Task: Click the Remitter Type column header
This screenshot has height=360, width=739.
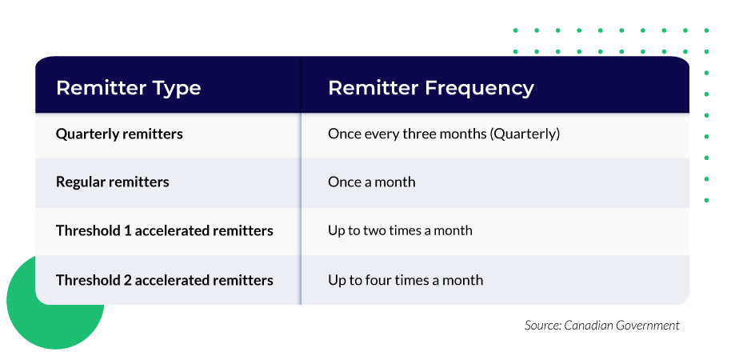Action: tap(128, 87)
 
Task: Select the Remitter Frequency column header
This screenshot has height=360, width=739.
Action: tap(430, 87)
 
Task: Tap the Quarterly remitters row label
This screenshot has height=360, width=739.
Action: tap(119, 134)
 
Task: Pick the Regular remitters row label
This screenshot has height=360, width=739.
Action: tap(112, 182)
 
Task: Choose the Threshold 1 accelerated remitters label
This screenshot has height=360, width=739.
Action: tap(164, 230)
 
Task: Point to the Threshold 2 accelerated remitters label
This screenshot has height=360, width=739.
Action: tap(164, 280)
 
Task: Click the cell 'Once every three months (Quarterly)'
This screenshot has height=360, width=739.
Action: tap(443, 134)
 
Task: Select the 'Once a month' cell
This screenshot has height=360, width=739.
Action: tap(371, 182)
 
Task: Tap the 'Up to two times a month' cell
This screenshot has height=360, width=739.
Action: tap(400, 230)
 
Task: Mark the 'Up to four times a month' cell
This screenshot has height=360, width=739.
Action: tap(405, 280)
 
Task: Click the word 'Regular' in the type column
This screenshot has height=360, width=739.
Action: tap(80, 182)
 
